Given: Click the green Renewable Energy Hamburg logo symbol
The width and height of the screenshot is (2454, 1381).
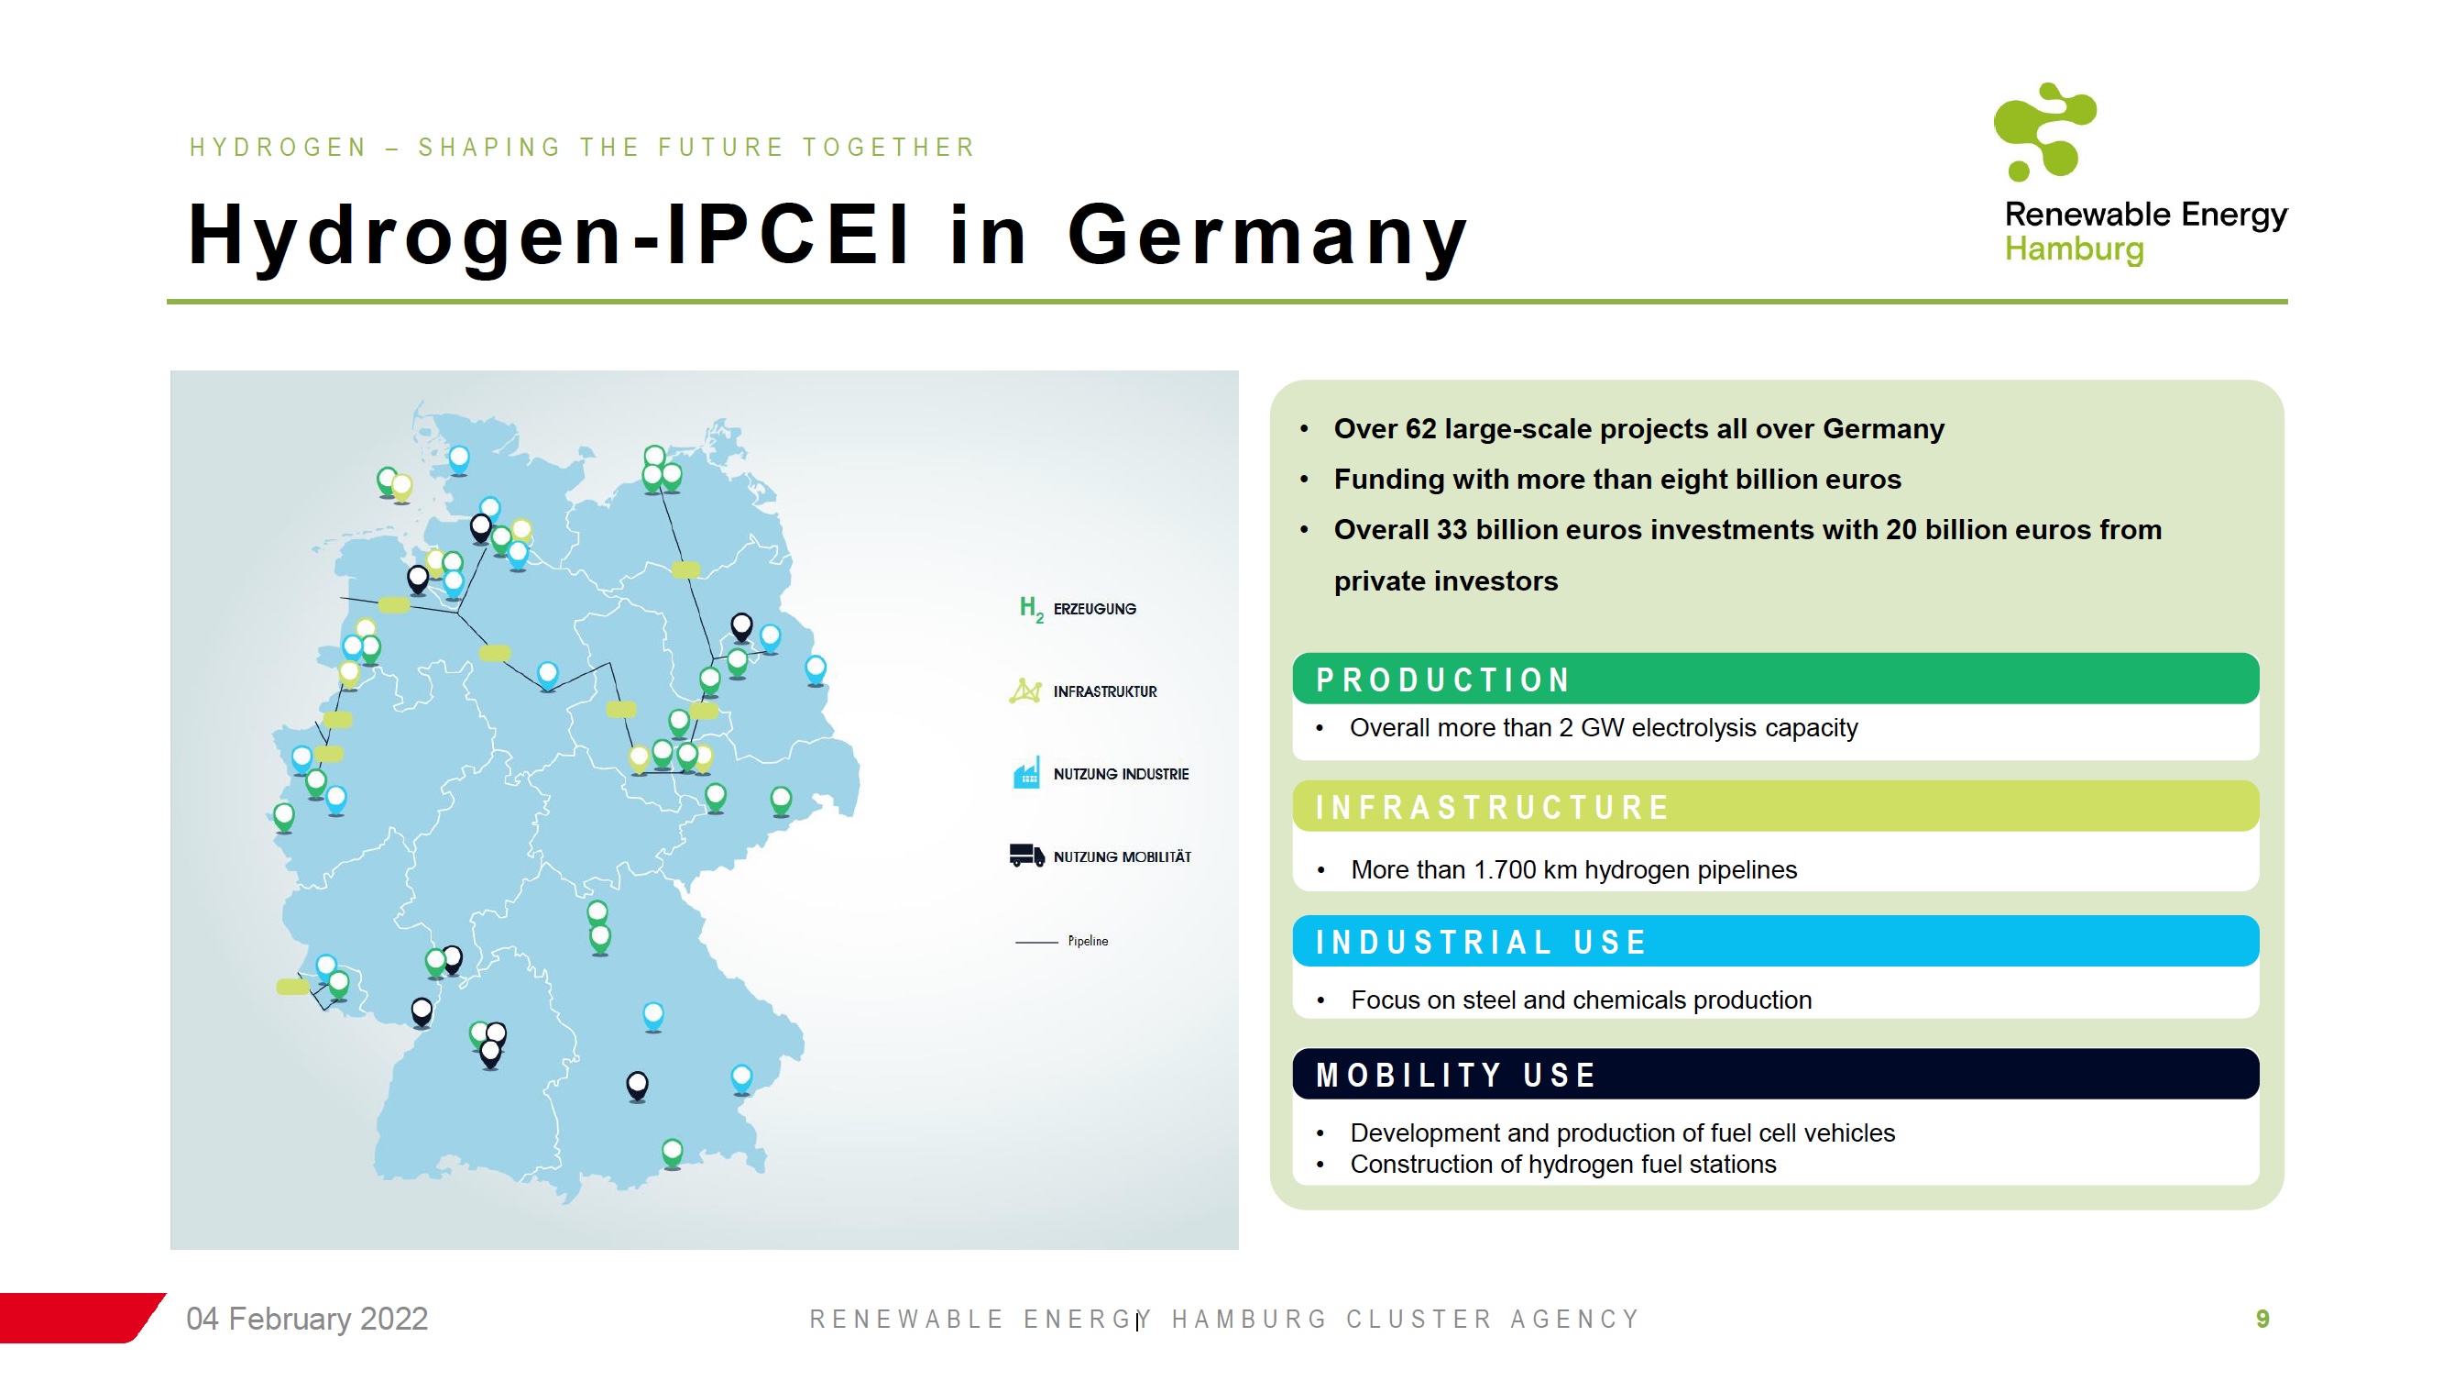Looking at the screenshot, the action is point(2043,131).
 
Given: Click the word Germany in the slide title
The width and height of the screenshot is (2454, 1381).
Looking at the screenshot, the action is point(1268,237).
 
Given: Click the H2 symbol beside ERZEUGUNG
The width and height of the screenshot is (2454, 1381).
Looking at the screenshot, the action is point(1031,608).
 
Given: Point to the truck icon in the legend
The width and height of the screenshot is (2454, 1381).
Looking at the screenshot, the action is point(1026,855).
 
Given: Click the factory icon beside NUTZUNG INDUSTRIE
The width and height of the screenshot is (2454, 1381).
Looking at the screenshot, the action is point(1026,773).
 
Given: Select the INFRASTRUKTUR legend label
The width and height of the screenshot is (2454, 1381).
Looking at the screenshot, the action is point(1105,692).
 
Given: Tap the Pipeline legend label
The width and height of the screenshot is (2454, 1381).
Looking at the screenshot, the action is point(1088,941).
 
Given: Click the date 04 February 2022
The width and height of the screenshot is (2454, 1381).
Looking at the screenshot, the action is point(307,1318).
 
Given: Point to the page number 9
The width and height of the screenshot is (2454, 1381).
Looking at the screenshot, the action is point(2262,1319).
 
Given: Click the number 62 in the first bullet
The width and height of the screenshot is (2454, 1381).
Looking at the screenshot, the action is point(1420,429).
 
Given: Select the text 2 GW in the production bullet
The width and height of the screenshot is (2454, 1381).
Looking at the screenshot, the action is point(1613,728).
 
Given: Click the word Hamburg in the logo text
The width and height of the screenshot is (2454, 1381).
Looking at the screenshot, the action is point(2074,249).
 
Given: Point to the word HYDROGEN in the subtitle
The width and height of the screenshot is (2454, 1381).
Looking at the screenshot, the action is point(279,148).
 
